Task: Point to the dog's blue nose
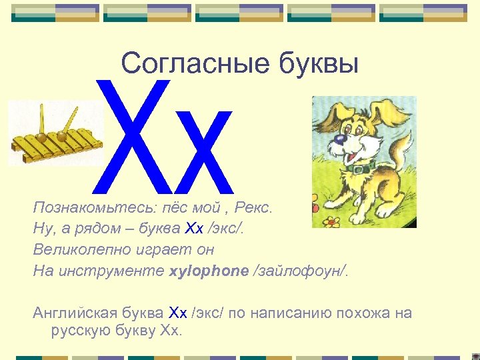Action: pos(341,139)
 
